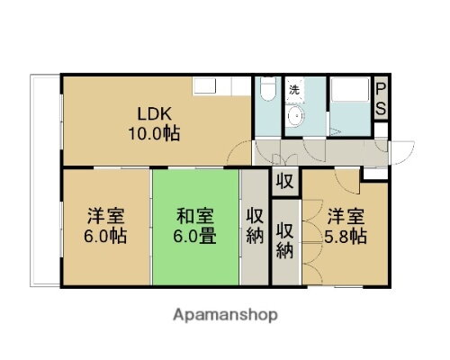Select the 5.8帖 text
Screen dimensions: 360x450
(x=346, y=236)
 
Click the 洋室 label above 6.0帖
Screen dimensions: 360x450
(x=104, y=216)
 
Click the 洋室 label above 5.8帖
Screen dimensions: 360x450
(x=346, y=216)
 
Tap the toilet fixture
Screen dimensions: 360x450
(x=267, y=90)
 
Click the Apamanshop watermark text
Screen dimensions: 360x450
(x=225, y=315)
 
